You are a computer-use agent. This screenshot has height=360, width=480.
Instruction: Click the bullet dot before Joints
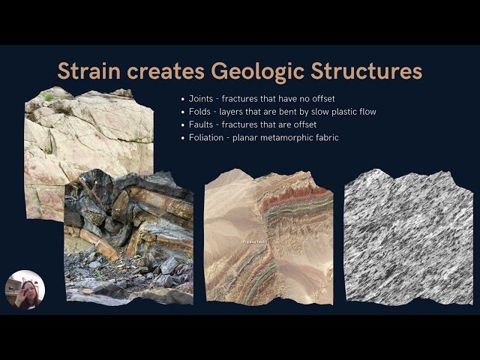pos(184,99)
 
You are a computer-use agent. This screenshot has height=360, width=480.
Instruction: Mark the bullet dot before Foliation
pos(184,137)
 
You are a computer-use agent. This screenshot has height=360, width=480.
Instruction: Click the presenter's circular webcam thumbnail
pos(25,289)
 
